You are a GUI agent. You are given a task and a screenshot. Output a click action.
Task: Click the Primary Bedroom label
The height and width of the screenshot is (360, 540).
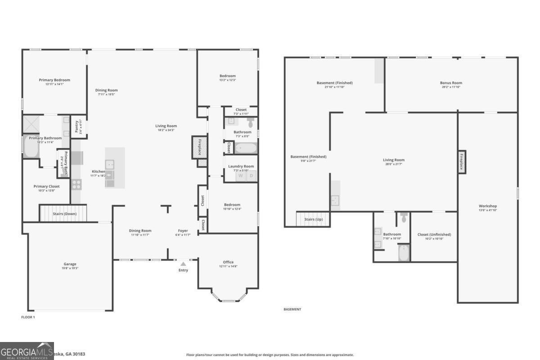[54, 80]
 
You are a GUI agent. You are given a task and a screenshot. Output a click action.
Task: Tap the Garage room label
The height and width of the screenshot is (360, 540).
[70, 264]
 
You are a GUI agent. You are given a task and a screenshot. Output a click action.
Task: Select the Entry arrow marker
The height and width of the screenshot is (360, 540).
[183, 264]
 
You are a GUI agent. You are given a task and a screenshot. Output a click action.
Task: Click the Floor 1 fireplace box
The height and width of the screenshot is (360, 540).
[199, 147]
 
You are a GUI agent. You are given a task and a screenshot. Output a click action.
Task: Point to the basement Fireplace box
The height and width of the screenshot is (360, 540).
[461, 162]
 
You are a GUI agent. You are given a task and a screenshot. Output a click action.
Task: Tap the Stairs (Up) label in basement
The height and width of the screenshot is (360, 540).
[313, 220]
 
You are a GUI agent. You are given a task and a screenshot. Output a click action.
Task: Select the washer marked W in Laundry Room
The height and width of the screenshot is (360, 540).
[240, 176]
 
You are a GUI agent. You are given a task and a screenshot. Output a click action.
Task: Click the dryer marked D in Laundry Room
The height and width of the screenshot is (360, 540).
[251, 176]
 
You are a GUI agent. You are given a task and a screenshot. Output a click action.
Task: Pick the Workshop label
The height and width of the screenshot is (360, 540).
[488, 206]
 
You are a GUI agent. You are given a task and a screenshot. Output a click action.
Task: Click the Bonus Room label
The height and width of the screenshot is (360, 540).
[451, 83]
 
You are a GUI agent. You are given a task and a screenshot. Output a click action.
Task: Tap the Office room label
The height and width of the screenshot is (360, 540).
[228, 262]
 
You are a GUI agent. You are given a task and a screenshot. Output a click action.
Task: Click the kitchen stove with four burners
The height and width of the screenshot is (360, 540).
[76, 184]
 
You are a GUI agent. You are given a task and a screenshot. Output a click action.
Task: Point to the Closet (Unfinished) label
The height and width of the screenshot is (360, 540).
[434, 234]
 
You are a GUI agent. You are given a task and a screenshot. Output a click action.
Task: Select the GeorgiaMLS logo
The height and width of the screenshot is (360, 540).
[27, 351]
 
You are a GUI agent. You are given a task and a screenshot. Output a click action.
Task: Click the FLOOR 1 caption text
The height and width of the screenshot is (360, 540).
[28, 317]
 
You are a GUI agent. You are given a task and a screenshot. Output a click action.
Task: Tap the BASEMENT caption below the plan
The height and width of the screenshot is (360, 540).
[292, 309]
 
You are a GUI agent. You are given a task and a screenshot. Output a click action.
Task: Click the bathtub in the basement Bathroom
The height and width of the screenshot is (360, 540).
[404, 253]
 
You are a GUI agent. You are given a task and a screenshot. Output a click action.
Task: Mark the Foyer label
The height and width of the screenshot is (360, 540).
[183, 231]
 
